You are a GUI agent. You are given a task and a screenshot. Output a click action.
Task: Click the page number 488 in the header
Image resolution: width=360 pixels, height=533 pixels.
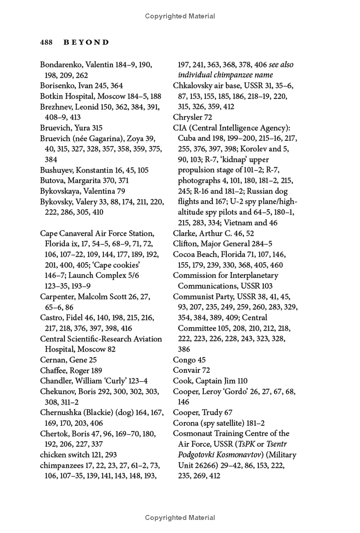47,42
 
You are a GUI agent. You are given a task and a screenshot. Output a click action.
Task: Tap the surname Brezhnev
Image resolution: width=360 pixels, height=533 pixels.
56,107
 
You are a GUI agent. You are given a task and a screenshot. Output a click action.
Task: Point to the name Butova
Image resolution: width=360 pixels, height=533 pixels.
52,180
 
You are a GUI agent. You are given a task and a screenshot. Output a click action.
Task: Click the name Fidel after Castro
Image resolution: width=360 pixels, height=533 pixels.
73,318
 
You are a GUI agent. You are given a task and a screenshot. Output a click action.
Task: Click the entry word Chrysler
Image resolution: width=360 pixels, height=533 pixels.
187,117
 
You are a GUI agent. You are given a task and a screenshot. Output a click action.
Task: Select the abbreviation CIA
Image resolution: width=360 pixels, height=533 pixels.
180,128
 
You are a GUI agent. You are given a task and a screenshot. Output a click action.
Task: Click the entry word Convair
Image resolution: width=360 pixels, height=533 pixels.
186,370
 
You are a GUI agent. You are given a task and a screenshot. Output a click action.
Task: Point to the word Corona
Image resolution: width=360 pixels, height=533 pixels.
186,423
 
